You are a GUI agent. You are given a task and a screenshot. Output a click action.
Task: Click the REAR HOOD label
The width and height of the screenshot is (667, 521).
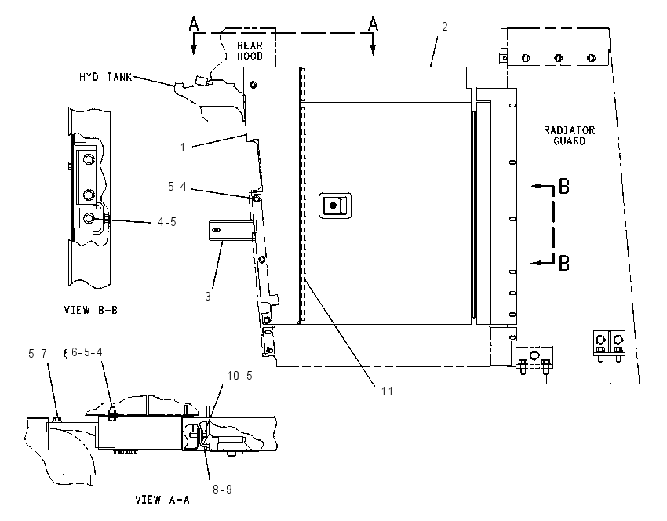(x=250, y=51)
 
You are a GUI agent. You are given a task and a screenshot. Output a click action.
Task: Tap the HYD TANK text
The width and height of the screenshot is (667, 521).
(x=105, y=77)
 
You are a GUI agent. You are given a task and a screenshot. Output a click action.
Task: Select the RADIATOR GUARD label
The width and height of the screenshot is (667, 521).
(x=569, y=135)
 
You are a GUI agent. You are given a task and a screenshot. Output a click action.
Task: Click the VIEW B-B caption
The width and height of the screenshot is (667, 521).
(x=90, y=310)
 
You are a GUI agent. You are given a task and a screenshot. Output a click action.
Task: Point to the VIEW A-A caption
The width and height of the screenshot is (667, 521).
(x=162, y=499)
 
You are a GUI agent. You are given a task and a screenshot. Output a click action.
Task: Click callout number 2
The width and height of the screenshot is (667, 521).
(x=444, y=27)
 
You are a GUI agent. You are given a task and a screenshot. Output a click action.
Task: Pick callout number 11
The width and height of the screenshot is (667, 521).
(x=387, y=391)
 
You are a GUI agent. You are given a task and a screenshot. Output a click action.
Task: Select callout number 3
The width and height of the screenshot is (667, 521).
(x=208, y=296)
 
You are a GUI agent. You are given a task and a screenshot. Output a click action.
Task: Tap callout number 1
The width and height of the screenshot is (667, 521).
(x=183, y=148)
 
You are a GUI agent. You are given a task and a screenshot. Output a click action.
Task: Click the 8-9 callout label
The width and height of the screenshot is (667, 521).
(x=223, y=490)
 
